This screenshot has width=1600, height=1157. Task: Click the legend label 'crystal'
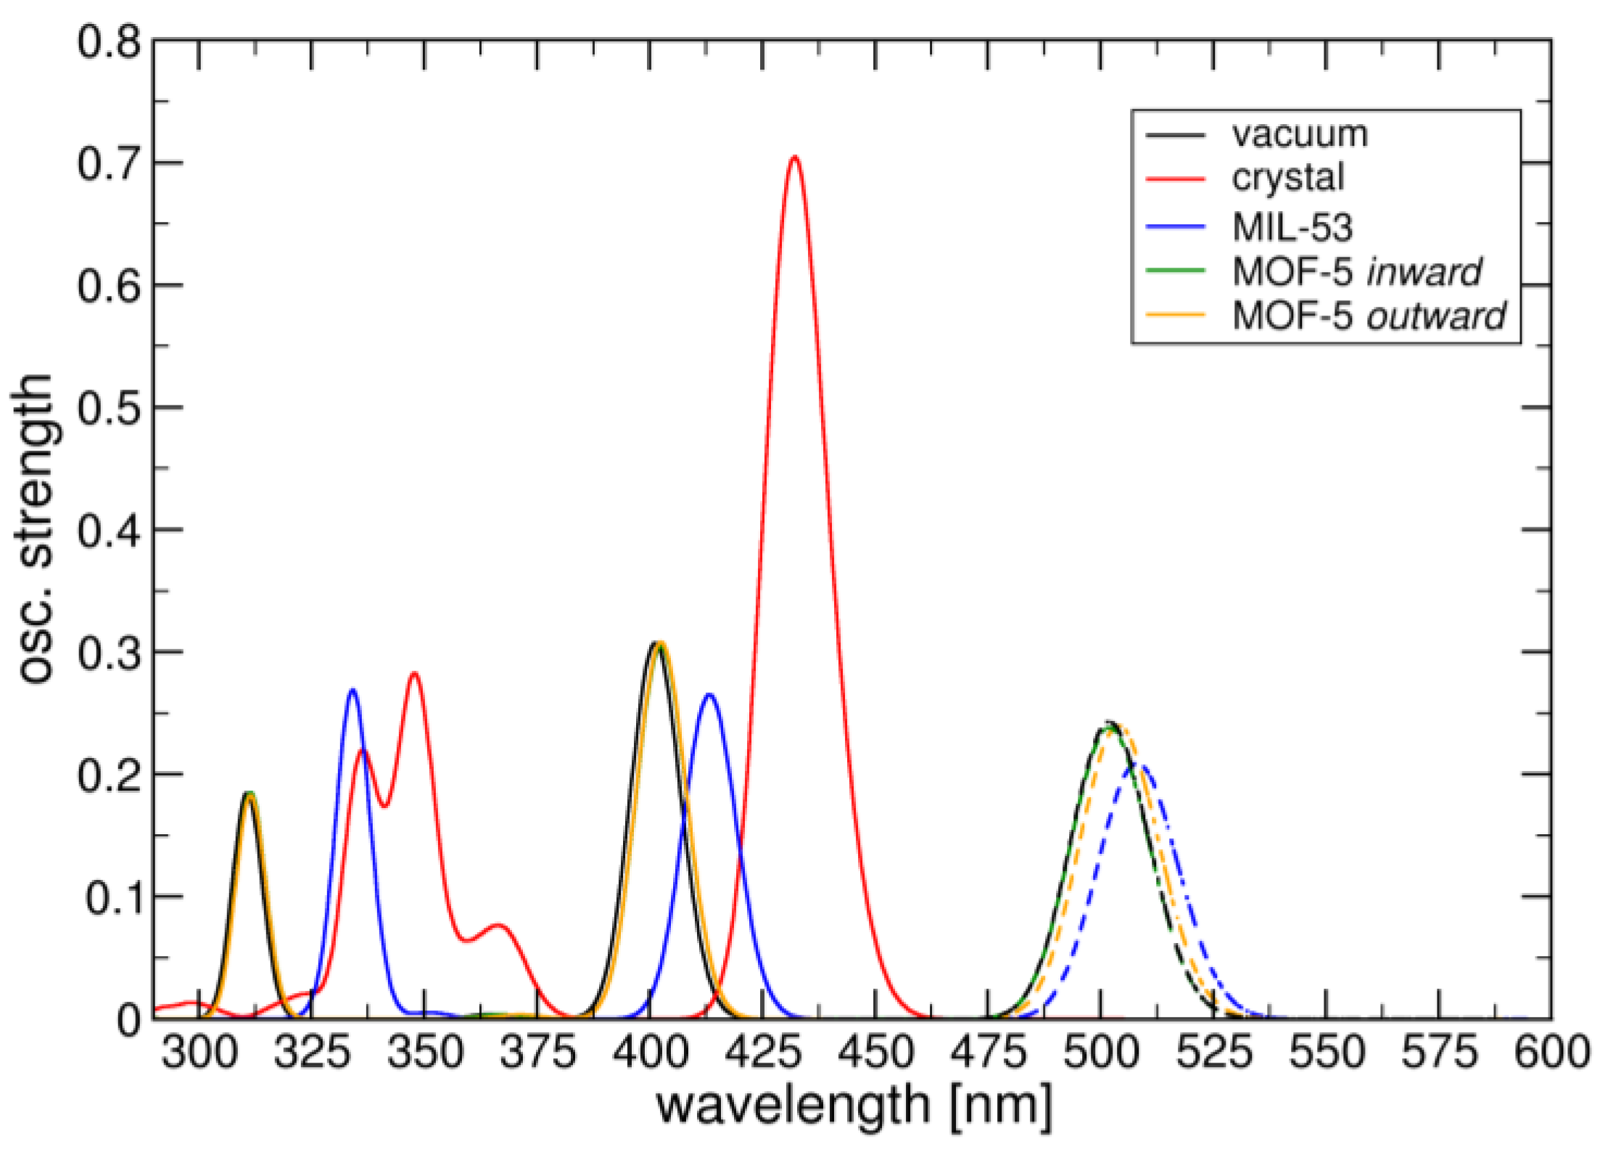point(1288,178)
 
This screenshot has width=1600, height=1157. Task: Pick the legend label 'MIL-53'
point(1292,227)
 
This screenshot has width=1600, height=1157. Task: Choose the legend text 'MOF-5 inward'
point(1356,272)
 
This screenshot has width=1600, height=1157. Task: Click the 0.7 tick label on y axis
point(109,164)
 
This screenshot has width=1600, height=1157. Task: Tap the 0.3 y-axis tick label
point(109,653)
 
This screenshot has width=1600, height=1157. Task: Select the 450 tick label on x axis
point(875,1053)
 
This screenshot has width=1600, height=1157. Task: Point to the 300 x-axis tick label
point(199,1053)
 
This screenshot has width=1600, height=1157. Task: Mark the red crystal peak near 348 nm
point(414,674)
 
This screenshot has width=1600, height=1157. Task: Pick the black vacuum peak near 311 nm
point(249,794)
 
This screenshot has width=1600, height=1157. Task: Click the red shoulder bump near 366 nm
point(498,926)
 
